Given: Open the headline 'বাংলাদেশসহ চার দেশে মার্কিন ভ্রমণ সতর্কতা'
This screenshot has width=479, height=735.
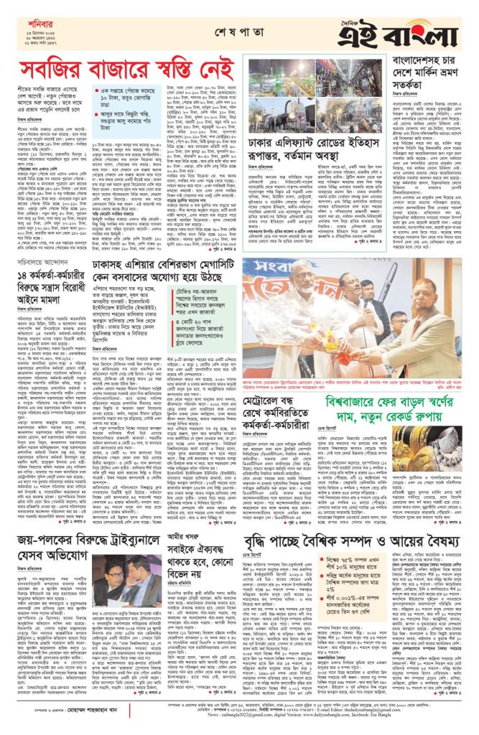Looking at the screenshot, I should tap(429, 68).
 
